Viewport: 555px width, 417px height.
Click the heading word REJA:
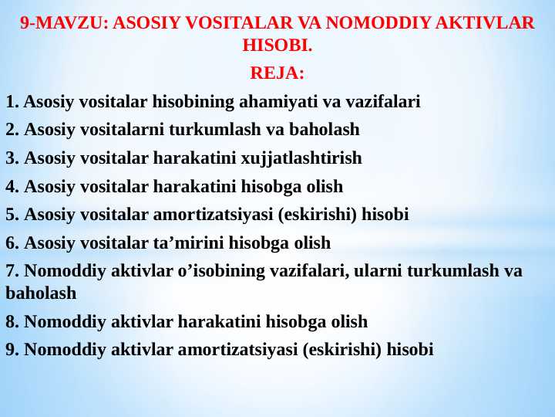click(x=277, y=73)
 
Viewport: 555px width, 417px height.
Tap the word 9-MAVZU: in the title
click(x=64, y=22)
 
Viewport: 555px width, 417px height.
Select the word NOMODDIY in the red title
click(x=378, y=22)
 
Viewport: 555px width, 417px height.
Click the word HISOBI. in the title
click(x=277, y=46)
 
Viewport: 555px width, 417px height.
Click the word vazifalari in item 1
click(x=383, y=101)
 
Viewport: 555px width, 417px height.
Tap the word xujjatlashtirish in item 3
click(x=301, y=158)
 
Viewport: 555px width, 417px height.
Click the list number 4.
click(x=12, y=187)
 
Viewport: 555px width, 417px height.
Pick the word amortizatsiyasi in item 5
click(x=213, y=215)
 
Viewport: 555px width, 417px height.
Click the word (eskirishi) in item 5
click(x=317, y=215)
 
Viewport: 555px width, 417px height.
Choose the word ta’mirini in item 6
click(x=188, y=243)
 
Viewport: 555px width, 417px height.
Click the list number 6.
click(x=12, y=243)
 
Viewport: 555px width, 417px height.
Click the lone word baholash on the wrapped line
click(x=41, y=293)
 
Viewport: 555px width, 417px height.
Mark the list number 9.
click(x=12, y=350)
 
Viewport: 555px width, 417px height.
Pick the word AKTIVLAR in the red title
click(x=485, y=22)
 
